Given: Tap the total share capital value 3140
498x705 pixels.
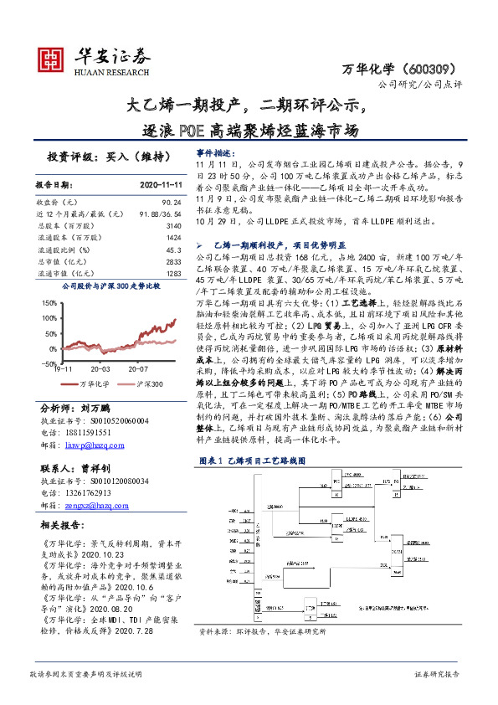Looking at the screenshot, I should click(174, 226).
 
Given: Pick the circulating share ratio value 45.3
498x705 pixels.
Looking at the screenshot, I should click(174, 250).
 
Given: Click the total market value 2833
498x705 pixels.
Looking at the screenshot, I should click(174, 261).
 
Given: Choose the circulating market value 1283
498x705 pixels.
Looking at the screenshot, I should click(174, 273).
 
